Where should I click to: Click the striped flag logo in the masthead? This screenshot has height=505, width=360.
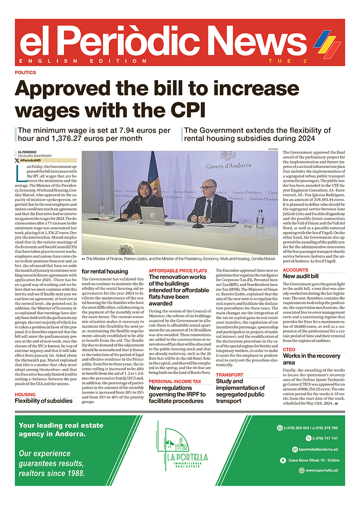point(327,43)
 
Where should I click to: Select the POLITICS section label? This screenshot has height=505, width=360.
point(25,73)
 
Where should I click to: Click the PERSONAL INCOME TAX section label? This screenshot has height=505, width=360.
point(175,381)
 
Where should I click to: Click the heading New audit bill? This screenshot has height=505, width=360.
point(301,276)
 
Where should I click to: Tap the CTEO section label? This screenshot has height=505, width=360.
point(289,350)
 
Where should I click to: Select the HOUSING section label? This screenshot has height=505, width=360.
point(25,394)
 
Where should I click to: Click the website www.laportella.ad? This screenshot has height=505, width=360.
point(322,470)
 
